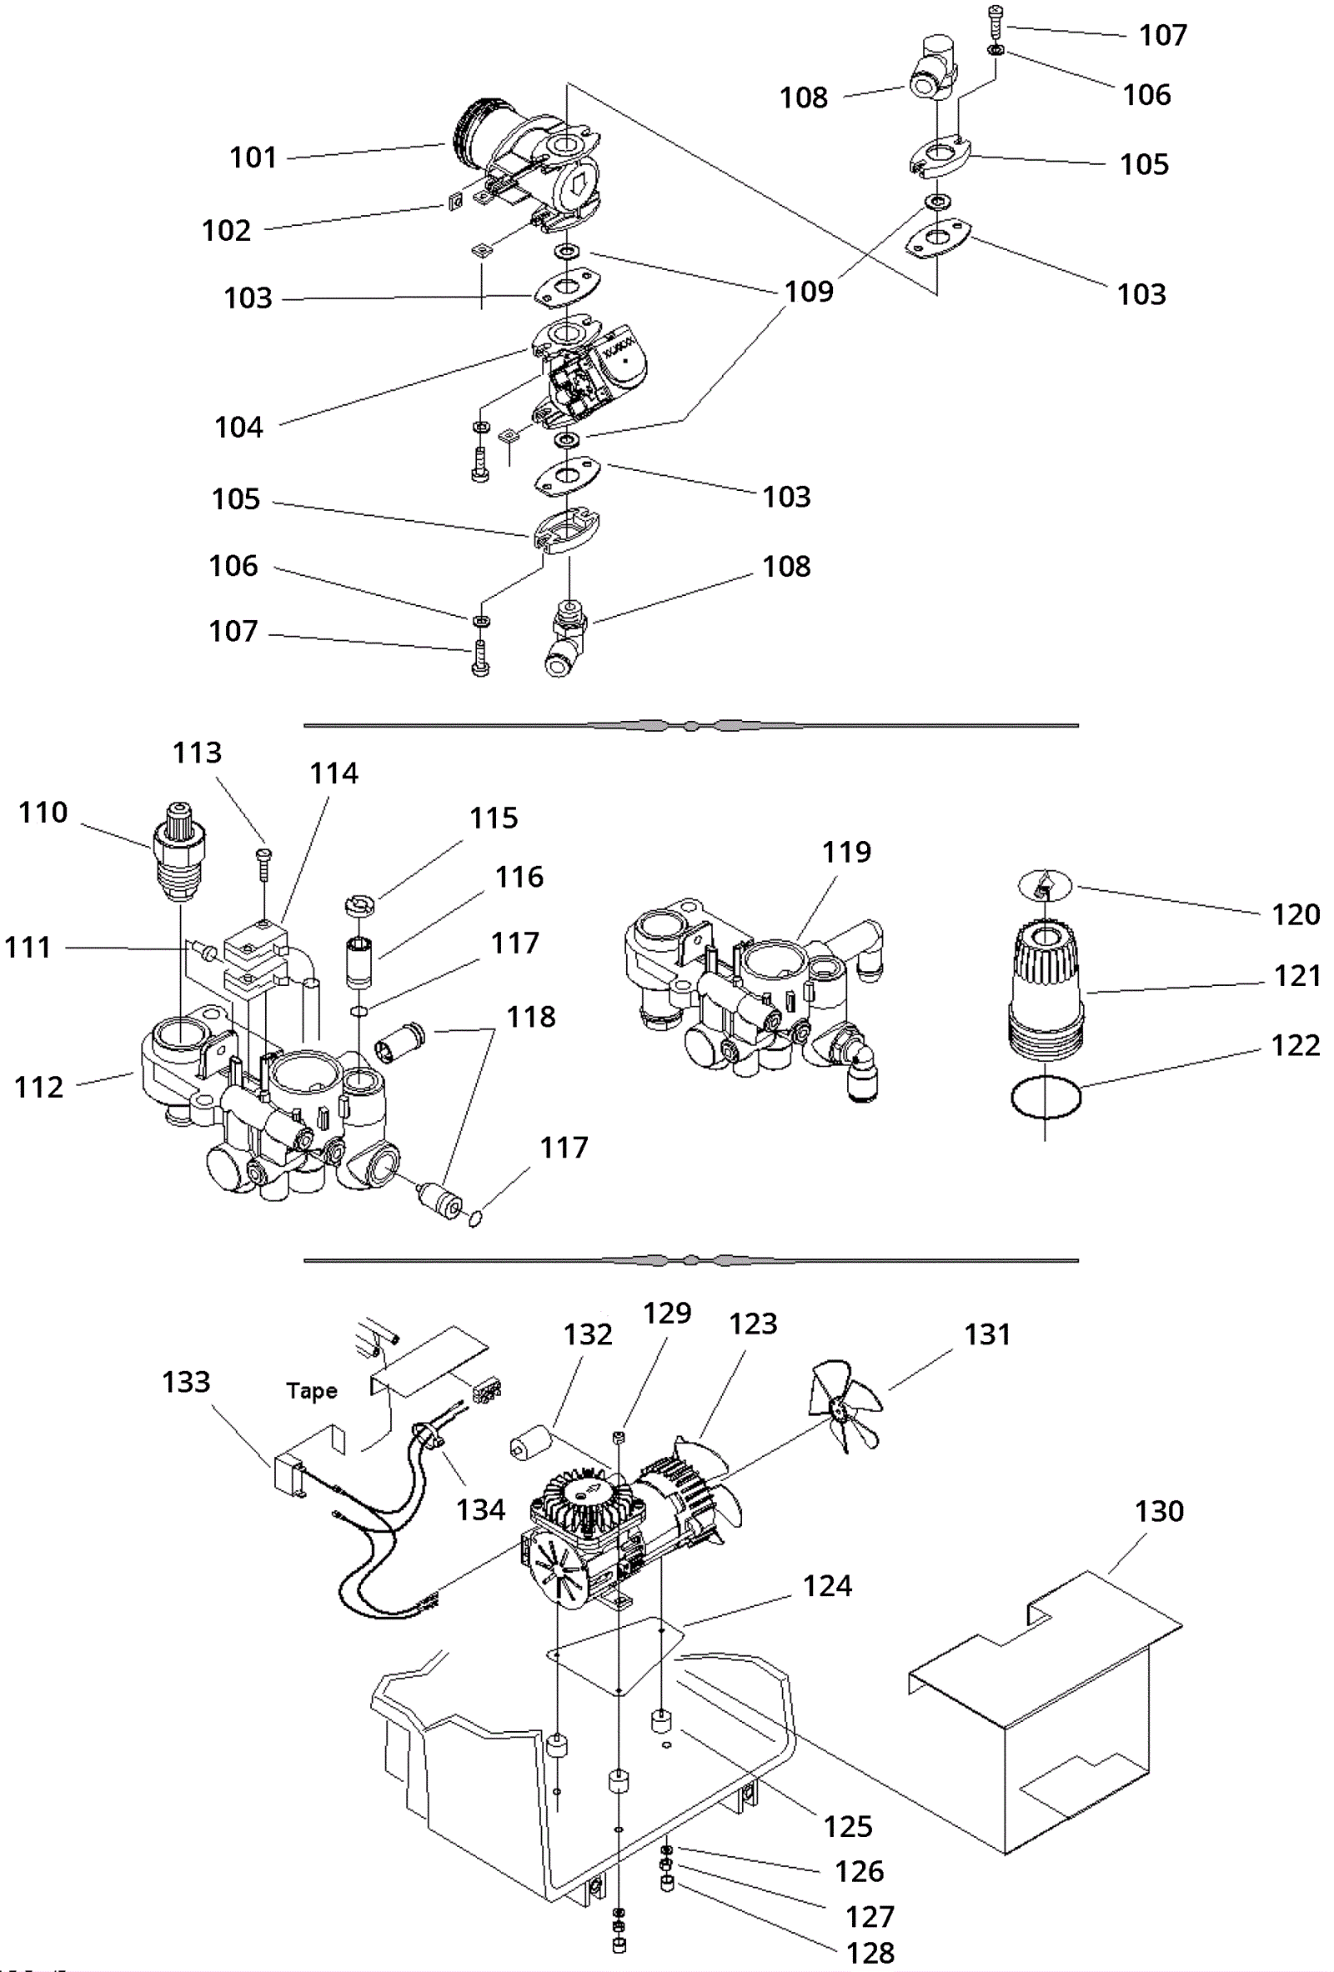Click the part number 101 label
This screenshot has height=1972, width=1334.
coord(253,158)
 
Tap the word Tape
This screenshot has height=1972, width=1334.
coord(312,1391)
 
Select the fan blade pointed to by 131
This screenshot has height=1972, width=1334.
coord(845,1407)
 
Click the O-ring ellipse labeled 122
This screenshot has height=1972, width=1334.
coord(1046,1098)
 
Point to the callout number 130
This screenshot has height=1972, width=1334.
coord(1159,1511)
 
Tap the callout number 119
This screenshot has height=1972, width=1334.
coord(846,852)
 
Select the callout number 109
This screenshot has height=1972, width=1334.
coord(809,292)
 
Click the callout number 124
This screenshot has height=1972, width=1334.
coord(827,1586)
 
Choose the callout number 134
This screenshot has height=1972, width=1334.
coord(480,1509)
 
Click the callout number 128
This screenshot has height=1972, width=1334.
coord(870,1953)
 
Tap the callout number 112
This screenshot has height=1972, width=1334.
coord(38,1087)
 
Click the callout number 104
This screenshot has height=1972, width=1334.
coord(238,428)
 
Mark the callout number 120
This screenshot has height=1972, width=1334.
coord(1295,914)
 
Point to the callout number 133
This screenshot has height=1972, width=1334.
coord(186,1381)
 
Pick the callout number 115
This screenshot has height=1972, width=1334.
coord(493,818)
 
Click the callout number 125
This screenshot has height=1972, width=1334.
coord(848,1826)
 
